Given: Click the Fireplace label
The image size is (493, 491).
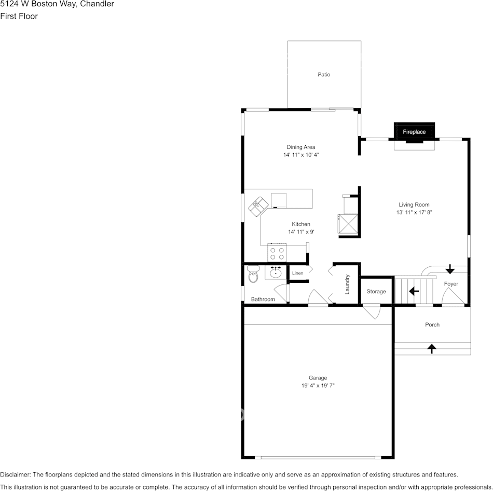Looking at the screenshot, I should point(414,132).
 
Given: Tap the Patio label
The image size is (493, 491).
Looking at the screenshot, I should point(324,75).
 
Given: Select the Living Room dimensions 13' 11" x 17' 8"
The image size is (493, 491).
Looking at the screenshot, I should point(414,212).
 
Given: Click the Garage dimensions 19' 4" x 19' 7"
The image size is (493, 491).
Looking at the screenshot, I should point(318,386).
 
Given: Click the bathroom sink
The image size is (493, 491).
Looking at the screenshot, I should point(276,272).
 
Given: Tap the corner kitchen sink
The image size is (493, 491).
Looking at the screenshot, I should point(258,206).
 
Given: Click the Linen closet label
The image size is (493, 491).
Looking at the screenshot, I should point(297,273).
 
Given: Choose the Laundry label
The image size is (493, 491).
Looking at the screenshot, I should point(347,284).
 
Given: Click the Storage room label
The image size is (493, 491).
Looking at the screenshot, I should point(376,292).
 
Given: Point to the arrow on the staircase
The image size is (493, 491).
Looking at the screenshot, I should point(414,292).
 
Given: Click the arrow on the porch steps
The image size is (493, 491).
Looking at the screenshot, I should point(431,348).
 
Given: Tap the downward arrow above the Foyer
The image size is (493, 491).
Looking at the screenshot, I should point(450,269).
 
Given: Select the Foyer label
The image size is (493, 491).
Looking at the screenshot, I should point(451,284).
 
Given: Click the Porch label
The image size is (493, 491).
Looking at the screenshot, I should point(432,325).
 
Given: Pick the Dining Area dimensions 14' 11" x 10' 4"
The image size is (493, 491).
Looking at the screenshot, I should point(301,155).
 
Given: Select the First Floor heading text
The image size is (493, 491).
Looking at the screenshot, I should point(19,16).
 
